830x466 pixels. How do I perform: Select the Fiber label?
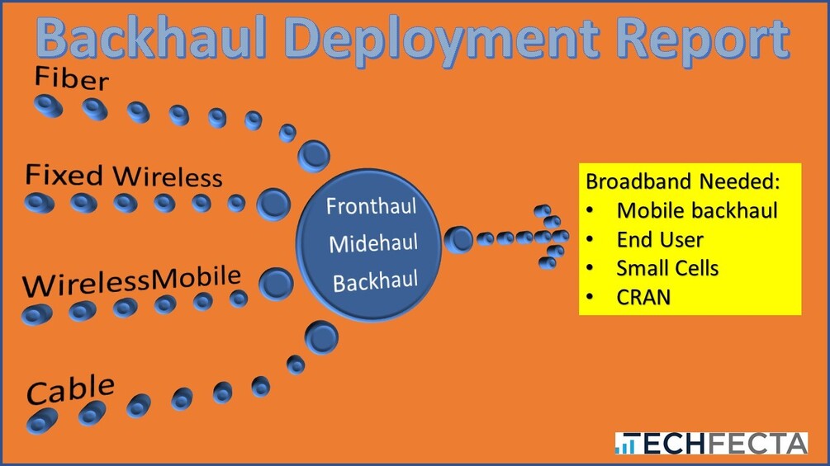72,80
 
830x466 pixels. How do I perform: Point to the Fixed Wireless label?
124,176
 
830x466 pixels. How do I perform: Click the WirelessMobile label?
132,281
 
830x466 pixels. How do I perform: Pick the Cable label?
70,389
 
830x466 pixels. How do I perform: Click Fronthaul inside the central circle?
371,205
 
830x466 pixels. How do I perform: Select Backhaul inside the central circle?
375,282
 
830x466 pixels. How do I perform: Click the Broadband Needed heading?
682,181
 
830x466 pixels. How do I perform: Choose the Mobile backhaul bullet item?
696,210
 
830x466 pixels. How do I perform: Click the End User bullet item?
659,240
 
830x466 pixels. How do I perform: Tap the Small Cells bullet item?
666,268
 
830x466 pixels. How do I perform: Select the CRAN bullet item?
643,296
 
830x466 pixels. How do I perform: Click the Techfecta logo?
710,443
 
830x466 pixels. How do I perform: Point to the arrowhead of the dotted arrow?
552,237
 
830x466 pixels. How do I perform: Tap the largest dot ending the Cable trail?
320,336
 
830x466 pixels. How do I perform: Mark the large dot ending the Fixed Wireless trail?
273,204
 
